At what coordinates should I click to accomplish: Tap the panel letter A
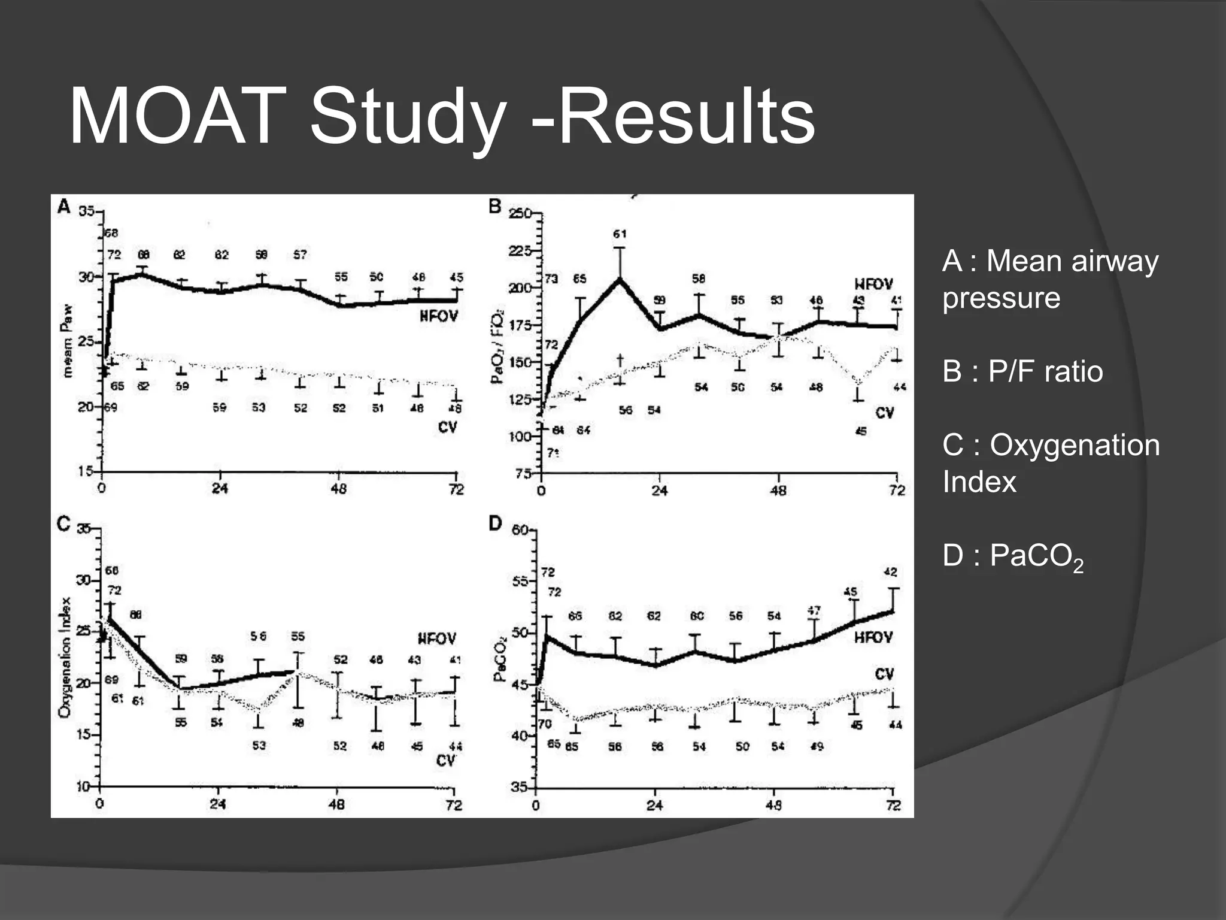point(63,207)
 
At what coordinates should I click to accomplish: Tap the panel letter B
point(494,207)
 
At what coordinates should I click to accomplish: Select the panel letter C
point(63,524)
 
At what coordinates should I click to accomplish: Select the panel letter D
point(494,523)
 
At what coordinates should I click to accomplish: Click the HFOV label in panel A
point(438,316)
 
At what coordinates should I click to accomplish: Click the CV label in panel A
point(447,427)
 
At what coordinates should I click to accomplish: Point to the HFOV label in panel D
point(873,637)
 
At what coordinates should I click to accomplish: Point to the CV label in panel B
point(884,413)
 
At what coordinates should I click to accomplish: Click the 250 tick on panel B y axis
point(520,214)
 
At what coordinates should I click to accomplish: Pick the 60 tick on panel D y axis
point(519,530)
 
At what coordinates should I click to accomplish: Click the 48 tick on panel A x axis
point(339,489)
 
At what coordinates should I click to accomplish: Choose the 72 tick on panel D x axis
point(893,806)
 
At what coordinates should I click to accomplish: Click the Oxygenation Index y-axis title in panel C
point(65,657)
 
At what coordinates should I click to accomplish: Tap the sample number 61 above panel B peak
point(620,234)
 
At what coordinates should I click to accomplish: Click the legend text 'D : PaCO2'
point(1012,556)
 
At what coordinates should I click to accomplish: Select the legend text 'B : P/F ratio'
point(1022,371)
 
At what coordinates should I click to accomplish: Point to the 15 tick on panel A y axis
point(86,471)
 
